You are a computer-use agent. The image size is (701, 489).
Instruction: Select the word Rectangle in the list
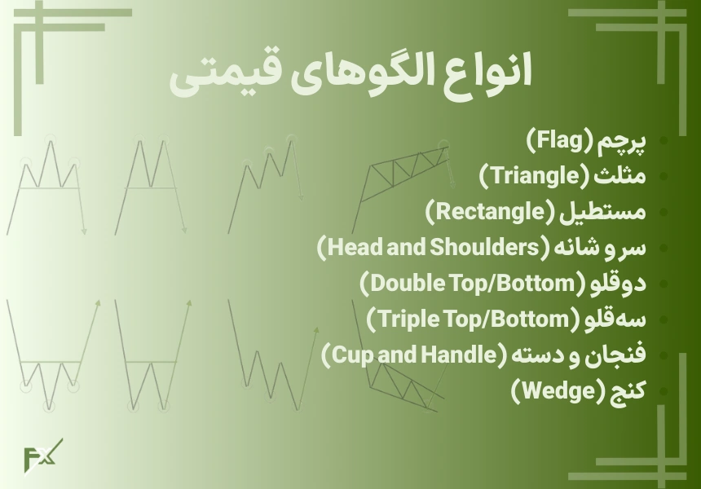click(490, 211)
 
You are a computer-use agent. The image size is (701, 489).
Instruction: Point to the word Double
click(405, 283)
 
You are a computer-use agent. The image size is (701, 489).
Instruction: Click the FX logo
click(42, 456)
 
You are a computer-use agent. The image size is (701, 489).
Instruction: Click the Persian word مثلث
click(620, 175)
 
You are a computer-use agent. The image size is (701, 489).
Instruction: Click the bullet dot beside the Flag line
click(664, 141)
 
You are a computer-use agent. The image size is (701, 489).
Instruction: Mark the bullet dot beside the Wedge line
click(664, 391)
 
